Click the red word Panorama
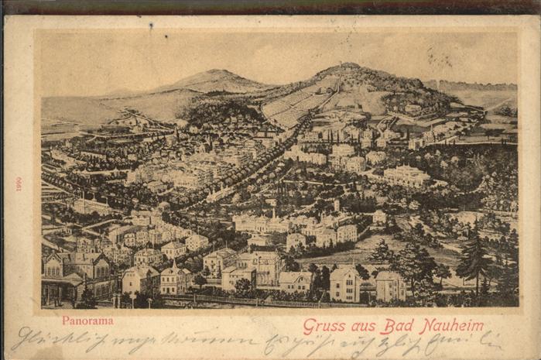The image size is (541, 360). [x=87, y=320]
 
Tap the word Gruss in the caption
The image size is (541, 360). [x=324, y=326]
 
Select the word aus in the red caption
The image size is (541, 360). [x=364, y=326]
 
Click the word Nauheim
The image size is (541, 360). [x=452, y=326]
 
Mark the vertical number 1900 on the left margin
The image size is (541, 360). [x=19, y=184]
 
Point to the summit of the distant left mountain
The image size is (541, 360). [x=214, y=72]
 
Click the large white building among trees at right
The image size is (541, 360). [x=406, y=176]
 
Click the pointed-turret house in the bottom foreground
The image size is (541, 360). [x=176, y=277]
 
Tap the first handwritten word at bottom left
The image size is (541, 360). [x=46, y=341]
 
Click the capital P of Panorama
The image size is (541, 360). [x=66, y=320]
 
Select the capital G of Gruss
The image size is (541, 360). [x=308, y=326]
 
